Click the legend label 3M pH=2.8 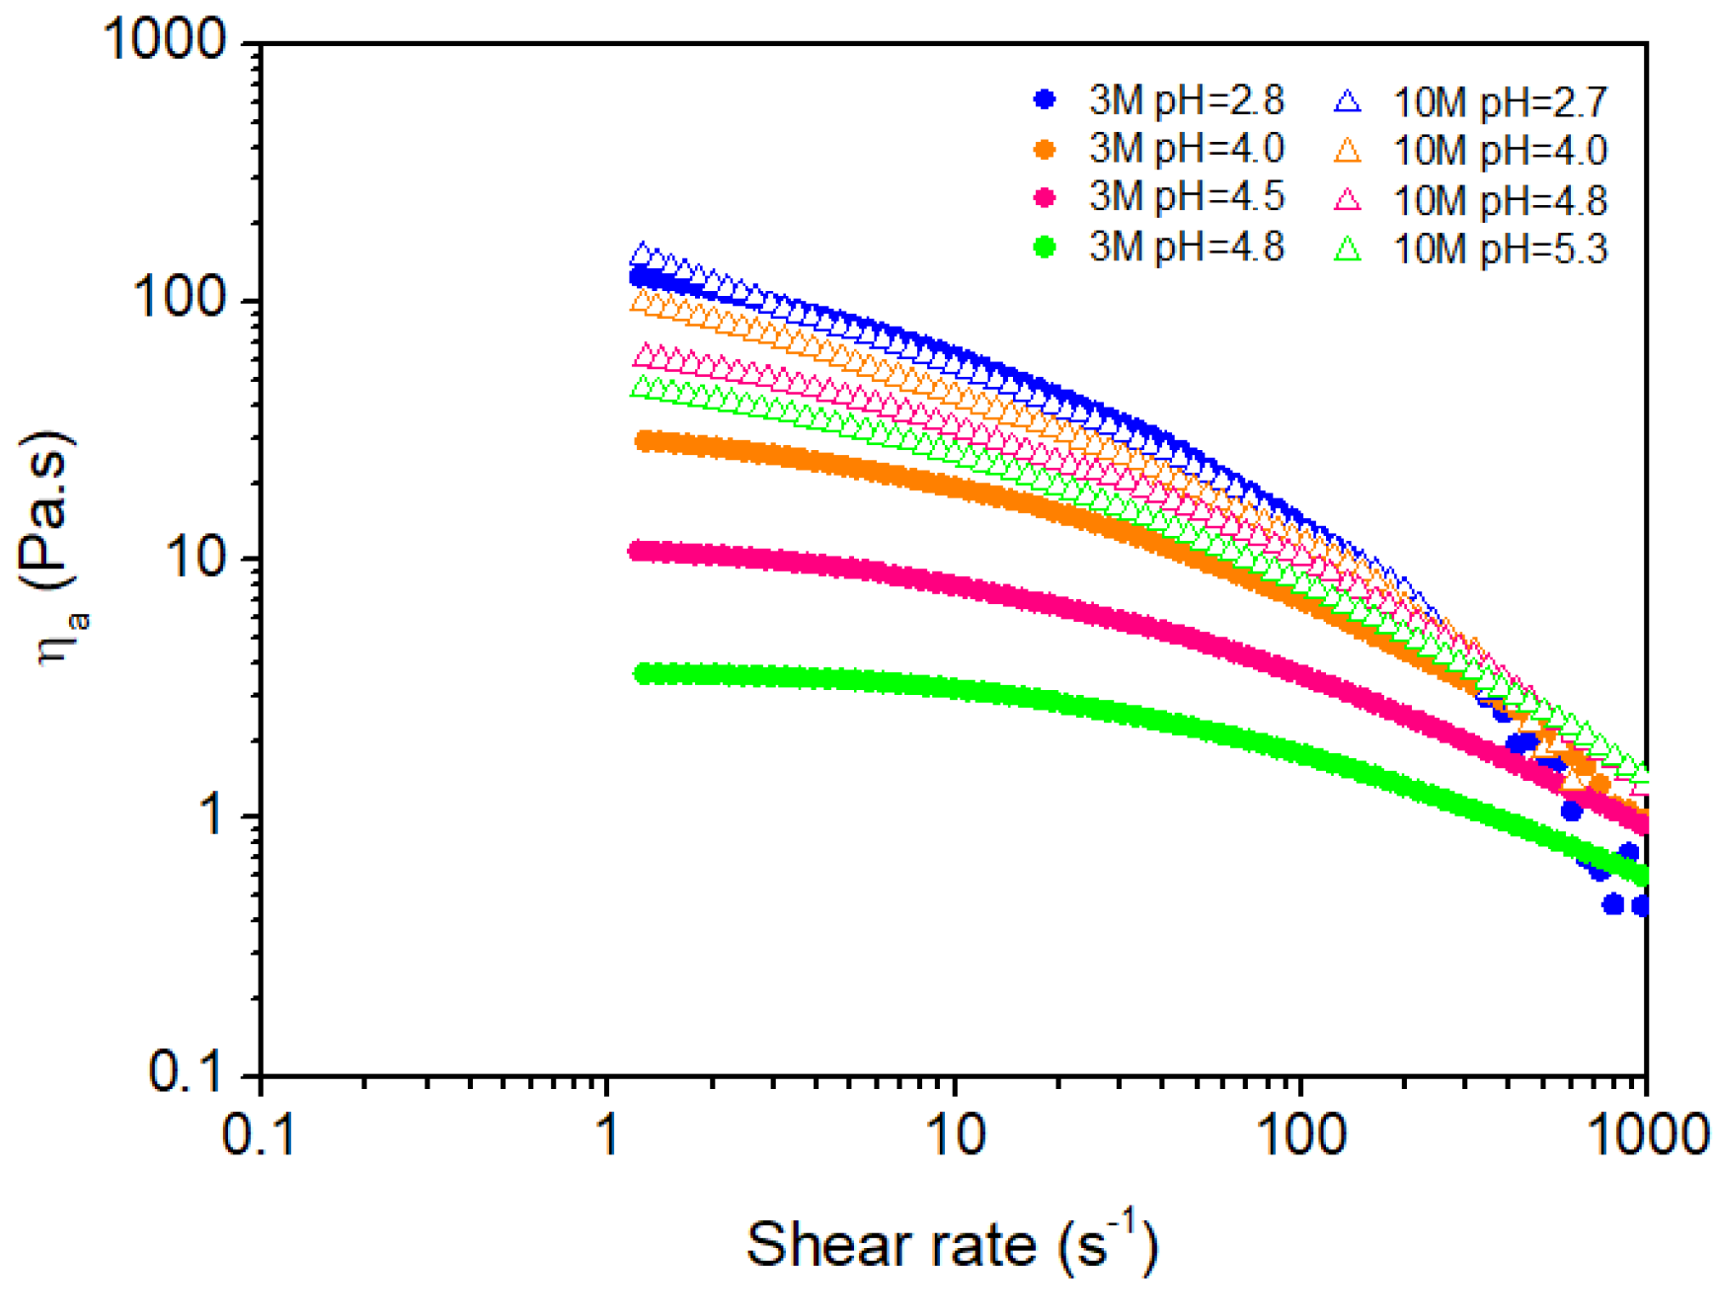[1186, 101]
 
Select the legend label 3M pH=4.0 [1186, 150]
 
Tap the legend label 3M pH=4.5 [1186, 198]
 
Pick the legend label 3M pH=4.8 [1186, 248]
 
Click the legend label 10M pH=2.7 [1500, 103]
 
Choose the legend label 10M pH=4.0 [1500, 151]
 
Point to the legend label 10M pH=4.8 [1500, 201]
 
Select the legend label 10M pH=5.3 [1500, 249]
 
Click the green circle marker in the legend [1045, 248]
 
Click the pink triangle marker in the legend [1347, 201]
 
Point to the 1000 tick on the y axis [165, 40]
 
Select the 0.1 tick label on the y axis [185, 1074]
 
